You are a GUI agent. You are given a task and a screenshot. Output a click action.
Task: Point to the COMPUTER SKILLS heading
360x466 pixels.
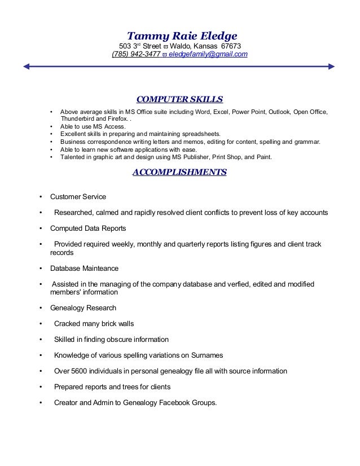tap(180, 100)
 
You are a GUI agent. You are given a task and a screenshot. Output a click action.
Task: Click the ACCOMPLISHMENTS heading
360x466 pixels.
tap(179, 172)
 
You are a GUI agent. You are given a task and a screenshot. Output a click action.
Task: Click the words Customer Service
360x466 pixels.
tap(78, 197)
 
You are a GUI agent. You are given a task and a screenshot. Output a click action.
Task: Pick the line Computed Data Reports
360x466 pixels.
tap(88, 228)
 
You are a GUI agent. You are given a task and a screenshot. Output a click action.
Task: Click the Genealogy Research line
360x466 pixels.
tap(83, 308)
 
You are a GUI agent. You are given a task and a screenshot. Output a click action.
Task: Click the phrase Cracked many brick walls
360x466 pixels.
tap(94, 324)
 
